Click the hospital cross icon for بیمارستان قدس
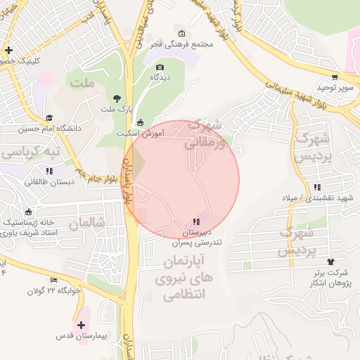(x=82, y=326)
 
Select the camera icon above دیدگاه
(x=160, y=67)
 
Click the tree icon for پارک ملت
(x=116, y=98)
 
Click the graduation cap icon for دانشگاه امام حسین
(x=49, y=118)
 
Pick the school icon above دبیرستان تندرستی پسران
(x=195, y=222)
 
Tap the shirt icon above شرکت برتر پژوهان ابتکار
(x=310, y=262)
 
